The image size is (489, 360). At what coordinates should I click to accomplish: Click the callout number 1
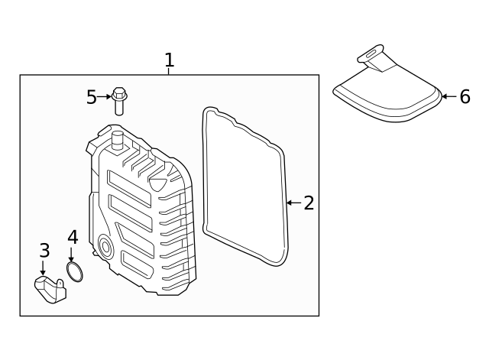170,60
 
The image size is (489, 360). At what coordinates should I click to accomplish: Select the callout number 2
309,203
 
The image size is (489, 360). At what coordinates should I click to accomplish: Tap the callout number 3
44,250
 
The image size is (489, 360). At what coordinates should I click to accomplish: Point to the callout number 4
73,237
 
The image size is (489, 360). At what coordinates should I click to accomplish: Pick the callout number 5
92,97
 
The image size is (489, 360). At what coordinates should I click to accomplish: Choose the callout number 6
465,96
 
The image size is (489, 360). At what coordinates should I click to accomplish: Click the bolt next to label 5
119,101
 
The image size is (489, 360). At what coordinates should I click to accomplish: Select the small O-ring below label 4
75,272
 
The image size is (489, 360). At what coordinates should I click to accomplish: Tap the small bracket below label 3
50,290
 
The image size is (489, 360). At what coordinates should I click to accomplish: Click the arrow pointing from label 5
104,97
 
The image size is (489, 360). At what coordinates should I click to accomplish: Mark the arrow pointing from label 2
293,203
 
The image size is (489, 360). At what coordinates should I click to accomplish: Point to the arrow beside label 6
449,96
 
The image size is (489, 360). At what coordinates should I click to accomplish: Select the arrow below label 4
71,255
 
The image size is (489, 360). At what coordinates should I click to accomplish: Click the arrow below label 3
43,268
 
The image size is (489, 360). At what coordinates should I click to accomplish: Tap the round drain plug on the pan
105,248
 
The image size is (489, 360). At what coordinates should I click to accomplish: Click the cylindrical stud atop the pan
118,141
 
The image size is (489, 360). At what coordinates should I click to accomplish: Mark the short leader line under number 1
168,71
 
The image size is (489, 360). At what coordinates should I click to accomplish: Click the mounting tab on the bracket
60,284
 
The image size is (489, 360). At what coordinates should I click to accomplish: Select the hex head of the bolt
119,93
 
